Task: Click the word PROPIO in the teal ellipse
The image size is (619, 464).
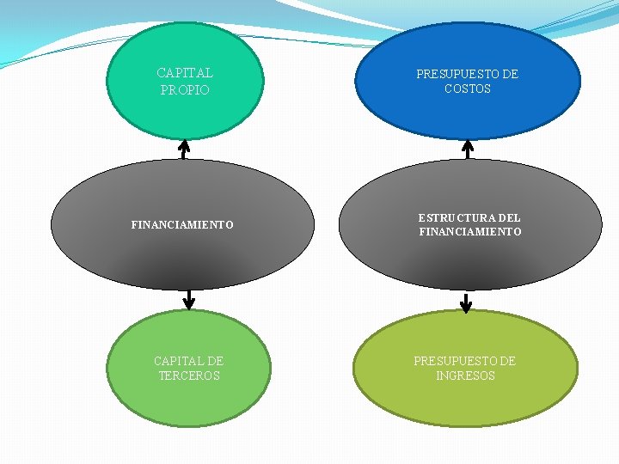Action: coord(185,89)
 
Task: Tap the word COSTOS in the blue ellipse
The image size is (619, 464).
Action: coord(468,89)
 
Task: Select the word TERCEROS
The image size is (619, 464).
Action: coord(189,375)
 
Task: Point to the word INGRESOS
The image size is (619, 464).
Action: coord(466,375)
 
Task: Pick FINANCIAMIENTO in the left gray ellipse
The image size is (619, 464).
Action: coord(182,225)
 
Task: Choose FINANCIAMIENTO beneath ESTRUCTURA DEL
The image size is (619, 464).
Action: coord(470,232)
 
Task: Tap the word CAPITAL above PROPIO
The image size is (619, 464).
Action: coord(185,73)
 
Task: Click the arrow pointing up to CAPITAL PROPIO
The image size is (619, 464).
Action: coord(183,149)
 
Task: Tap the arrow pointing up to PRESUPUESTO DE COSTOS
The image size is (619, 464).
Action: coord(468,149)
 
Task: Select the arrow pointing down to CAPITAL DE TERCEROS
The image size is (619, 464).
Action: coord(189,299)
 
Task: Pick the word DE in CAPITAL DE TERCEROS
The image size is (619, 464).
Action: coord(215,361)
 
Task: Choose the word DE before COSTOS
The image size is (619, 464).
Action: coord(510,74)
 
